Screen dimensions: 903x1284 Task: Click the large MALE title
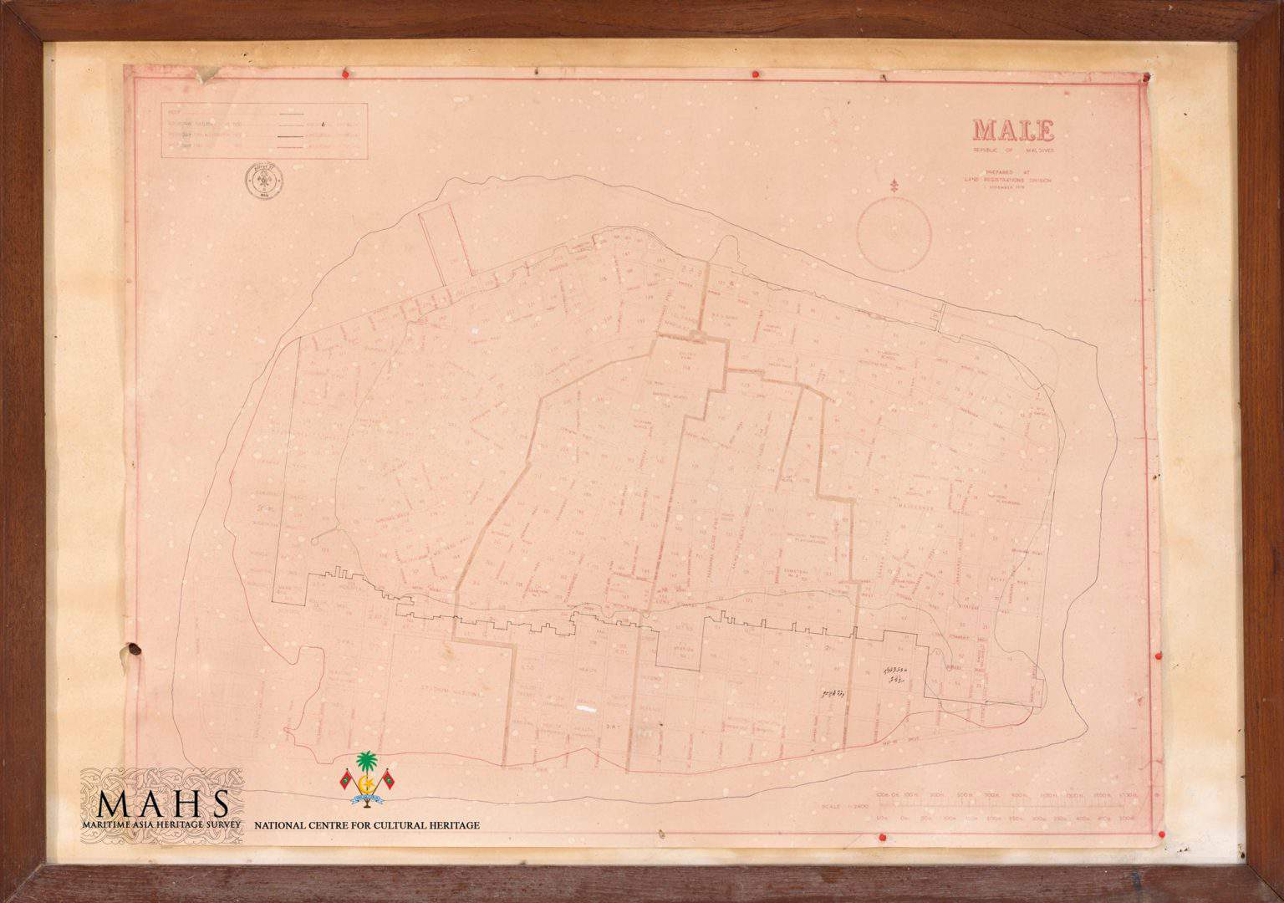click(x=1012, y=130)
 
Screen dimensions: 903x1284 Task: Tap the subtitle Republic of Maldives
click(x=1012, y=150)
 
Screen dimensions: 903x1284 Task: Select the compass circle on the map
click(x=895, y=232)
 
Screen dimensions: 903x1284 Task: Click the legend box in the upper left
click(x=263, y=130)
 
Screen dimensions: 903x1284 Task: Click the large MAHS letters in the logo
click(x=163, y=804)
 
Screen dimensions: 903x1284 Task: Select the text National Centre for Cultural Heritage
click(x=367, y=825)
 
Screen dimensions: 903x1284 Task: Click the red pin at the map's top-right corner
click(x=1146, y=77)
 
